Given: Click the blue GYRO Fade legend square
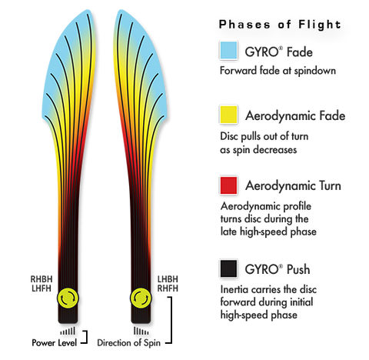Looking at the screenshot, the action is [x=228, y=50].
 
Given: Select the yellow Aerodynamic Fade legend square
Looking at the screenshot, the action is [x=228, y=115].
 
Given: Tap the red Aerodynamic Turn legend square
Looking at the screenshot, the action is [x=228, y=185].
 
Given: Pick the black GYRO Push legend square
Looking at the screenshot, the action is [x=228, y=268].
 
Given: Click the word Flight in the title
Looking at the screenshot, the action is [x=320, y=25].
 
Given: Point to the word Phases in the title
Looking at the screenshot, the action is [x=244, y=25].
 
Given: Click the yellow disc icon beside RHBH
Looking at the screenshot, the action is [x=68, y=298].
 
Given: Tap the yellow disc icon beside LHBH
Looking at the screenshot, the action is [x=141, y=298].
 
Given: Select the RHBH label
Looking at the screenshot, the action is [x=42, y=279].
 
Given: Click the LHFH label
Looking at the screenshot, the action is [x=42, y=288].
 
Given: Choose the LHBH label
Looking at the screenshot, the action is [x=168, y=279].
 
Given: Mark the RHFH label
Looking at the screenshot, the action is [x=168, y=288].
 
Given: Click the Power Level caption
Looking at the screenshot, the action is [x=54, y=343].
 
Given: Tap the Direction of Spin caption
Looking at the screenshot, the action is [x=128, y=343].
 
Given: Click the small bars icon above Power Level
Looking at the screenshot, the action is [x=68, y=331].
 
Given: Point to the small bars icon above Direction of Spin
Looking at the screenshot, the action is [x=141, y=331].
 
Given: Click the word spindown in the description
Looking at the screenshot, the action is [x=315, y=71].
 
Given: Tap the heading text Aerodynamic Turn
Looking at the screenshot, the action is [x=293, y=185].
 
